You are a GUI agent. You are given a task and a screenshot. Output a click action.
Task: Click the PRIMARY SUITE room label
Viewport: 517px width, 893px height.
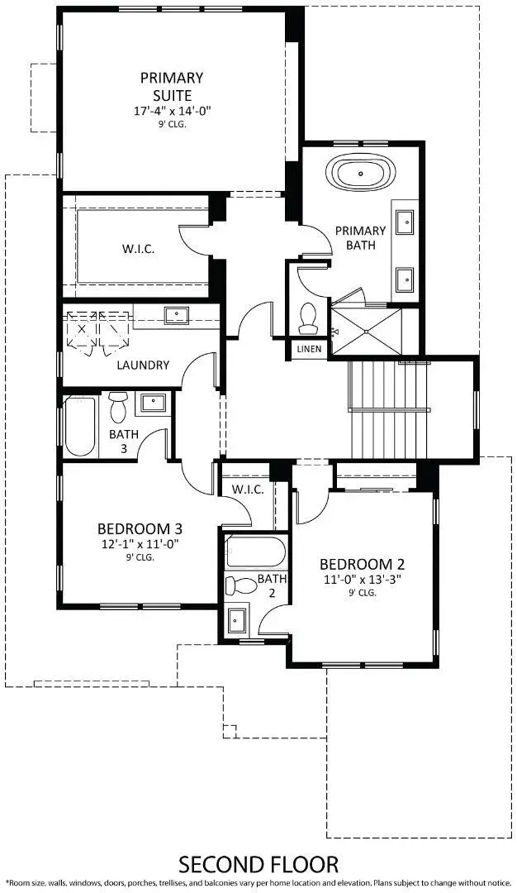tap(171, 85)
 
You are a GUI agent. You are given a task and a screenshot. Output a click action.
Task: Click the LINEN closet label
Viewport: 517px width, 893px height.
tap(309, 349)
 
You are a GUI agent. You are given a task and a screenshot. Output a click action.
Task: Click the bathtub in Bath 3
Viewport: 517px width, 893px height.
tap(80, 427)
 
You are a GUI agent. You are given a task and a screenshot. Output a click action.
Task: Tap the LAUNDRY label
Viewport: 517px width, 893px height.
tap(143, 365)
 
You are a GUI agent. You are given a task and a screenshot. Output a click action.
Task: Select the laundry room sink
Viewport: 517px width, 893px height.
tap(176, 315)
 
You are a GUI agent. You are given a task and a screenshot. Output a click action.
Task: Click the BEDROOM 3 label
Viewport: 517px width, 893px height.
tap(140, 529)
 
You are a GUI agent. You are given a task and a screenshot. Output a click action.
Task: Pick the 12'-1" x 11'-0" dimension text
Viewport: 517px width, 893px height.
tap(140, 544)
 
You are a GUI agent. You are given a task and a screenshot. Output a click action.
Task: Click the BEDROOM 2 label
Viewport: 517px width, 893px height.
tap(362, 565)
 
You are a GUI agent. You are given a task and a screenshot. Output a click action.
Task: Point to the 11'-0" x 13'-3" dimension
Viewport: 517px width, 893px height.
tap(362, 580)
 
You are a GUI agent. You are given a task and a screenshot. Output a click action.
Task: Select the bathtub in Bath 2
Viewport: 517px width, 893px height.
tap(255, 551)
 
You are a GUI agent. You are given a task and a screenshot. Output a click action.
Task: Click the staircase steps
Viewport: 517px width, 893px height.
tap(387, 408)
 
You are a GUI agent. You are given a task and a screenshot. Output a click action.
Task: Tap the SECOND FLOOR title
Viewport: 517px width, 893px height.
tap(258, 865)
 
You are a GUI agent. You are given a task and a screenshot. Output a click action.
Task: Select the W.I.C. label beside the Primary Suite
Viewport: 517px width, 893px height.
tap(137, 248)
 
